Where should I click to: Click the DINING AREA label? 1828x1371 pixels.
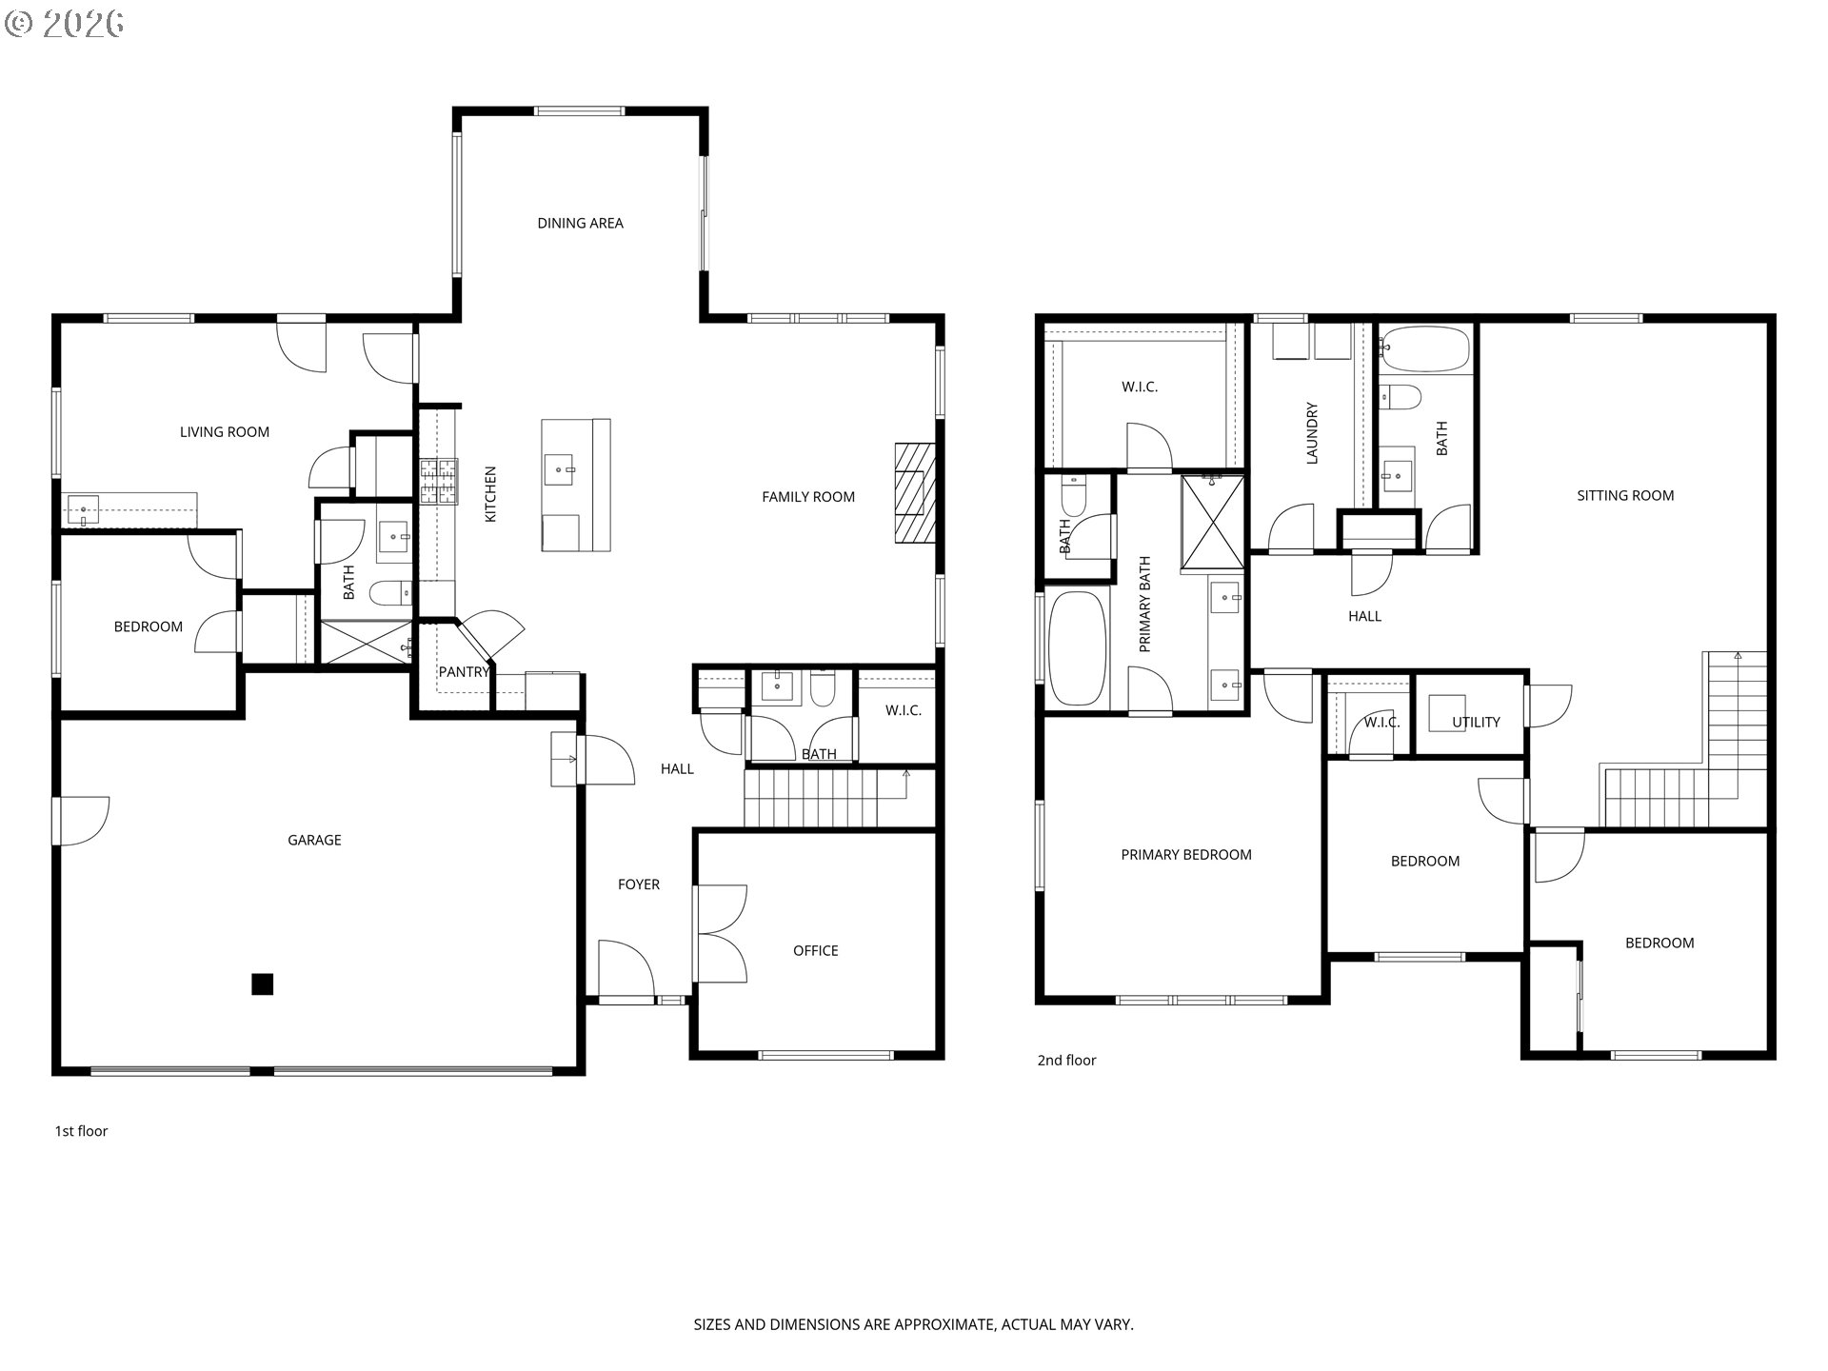[x=580, y=223]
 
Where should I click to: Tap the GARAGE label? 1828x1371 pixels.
[x=314, y=840]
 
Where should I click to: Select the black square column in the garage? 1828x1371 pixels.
[x=263, y=984]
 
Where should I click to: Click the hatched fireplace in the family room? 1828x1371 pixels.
[x=915, y=493]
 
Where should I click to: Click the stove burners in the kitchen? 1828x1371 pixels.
[x=439, y=481]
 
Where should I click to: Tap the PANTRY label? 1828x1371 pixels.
[x=464, y=671]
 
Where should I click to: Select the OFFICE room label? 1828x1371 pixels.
[x=816, y=950]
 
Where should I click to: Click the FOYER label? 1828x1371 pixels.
[x=639, y=884]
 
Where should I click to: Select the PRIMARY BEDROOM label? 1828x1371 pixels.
[x=1186, y=855]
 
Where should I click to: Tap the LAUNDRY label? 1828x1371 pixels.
[x=1312, y=433]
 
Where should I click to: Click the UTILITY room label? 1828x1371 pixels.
[x=1476, y=723]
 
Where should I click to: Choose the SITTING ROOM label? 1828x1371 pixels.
[x=1625, y=495]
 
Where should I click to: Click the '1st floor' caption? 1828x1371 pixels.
[x=81, y=1131]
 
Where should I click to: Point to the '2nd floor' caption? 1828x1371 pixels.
[x=1066, y=1060]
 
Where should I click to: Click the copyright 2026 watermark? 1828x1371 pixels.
[x=64, y=24]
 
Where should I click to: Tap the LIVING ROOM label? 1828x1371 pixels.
[x=225, y=432]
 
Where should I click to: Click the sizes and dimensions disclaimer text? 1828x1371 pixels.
[x=913, y=1324]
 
